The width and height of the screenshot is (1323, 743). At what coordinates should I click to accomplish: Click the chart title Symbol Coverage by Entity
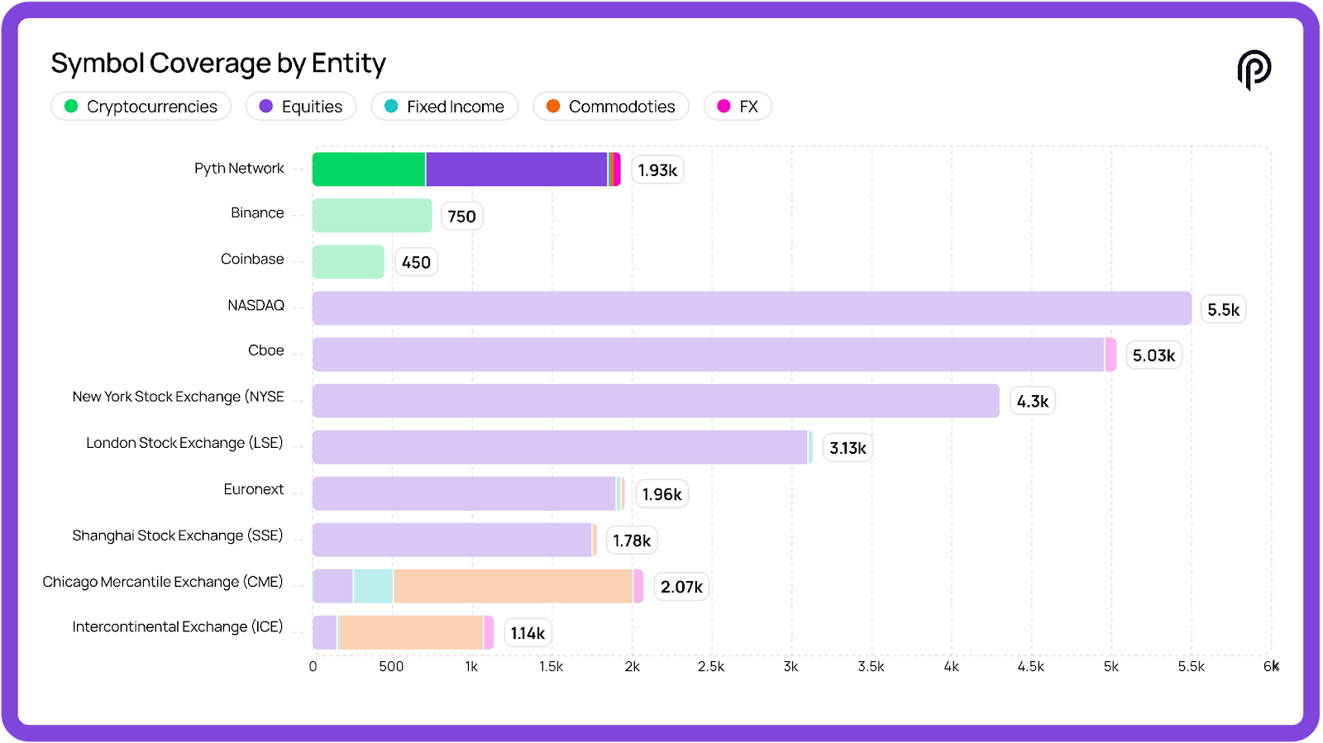click(x=218, y=64)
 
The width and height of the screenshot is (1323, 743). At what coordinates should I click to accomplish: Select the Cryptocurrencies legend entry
click(x=141, y=107)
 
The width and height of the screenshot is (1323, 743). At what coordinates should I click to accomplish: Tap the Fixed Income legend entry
click(x=445, y=107)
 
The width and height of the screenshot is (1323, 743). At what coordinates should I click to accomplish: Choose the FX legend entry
click(x=738, y=107)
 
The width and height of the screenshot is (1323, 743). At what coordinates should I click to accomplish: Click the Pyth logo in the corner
click(x=1254, y=69)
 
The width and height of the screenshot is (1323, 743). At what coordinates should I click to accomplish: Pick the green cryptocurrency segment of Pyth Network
click(x=369, y=169)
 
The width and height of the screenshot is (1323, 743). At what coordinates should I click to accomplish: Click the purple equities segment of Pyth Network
click(x=517, y=169)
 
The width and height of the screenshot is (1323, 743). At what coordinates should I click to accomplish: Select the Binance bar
click(x=372, y=216)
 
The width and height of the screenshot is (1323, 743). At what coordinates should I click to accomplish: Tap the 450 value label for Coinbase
click(x=416, y=263)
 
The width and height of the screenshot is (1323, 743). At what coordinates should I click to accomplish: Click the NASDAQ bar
click(x=752, y=308)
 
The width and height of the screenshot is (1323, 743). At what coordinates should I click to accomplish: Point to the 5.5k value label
click(x=1223, y=310)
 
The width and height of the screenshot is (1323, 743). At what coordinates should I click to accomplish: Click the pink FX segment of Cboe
click(x=1110, y=355)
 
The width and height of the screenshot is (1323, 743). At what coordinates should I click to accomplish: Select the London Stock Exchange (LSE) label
click(x=184, y=443)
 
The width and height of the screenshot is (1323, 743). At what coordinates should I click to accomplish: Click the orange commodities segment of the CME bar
click(x=513, y=586)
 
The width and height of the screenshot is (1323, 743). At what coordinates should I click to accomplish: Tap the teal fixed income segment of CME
click(x=373, y=586)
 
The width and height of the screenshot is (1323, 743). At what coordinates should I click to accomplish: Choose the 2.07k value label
click(x=681, y=587)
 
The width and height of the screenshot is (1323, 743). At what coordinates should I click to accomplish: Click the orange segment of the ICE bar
click(x=411, y=632)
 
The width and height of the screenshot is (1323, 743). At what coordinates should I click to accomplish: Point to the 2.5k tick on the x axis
click(x=711, y=667)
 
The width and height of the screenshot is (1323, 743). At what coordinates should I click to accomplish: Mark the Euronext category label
click(x=253, y=489)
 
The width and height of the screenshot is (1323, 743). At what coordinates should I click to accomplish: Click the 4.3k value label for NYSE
click(x=1033, y=402)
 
